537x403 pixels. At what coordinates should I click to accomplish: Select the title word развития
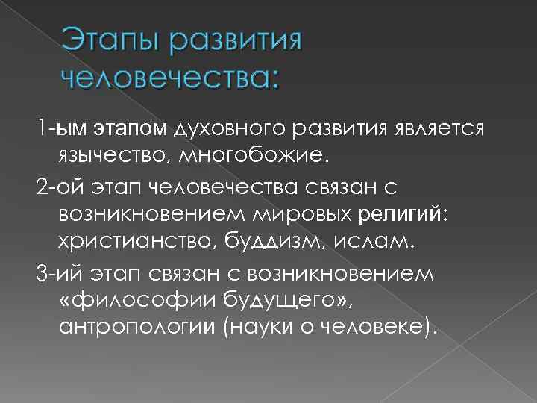pyautogui.click(x=236, y=41)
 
